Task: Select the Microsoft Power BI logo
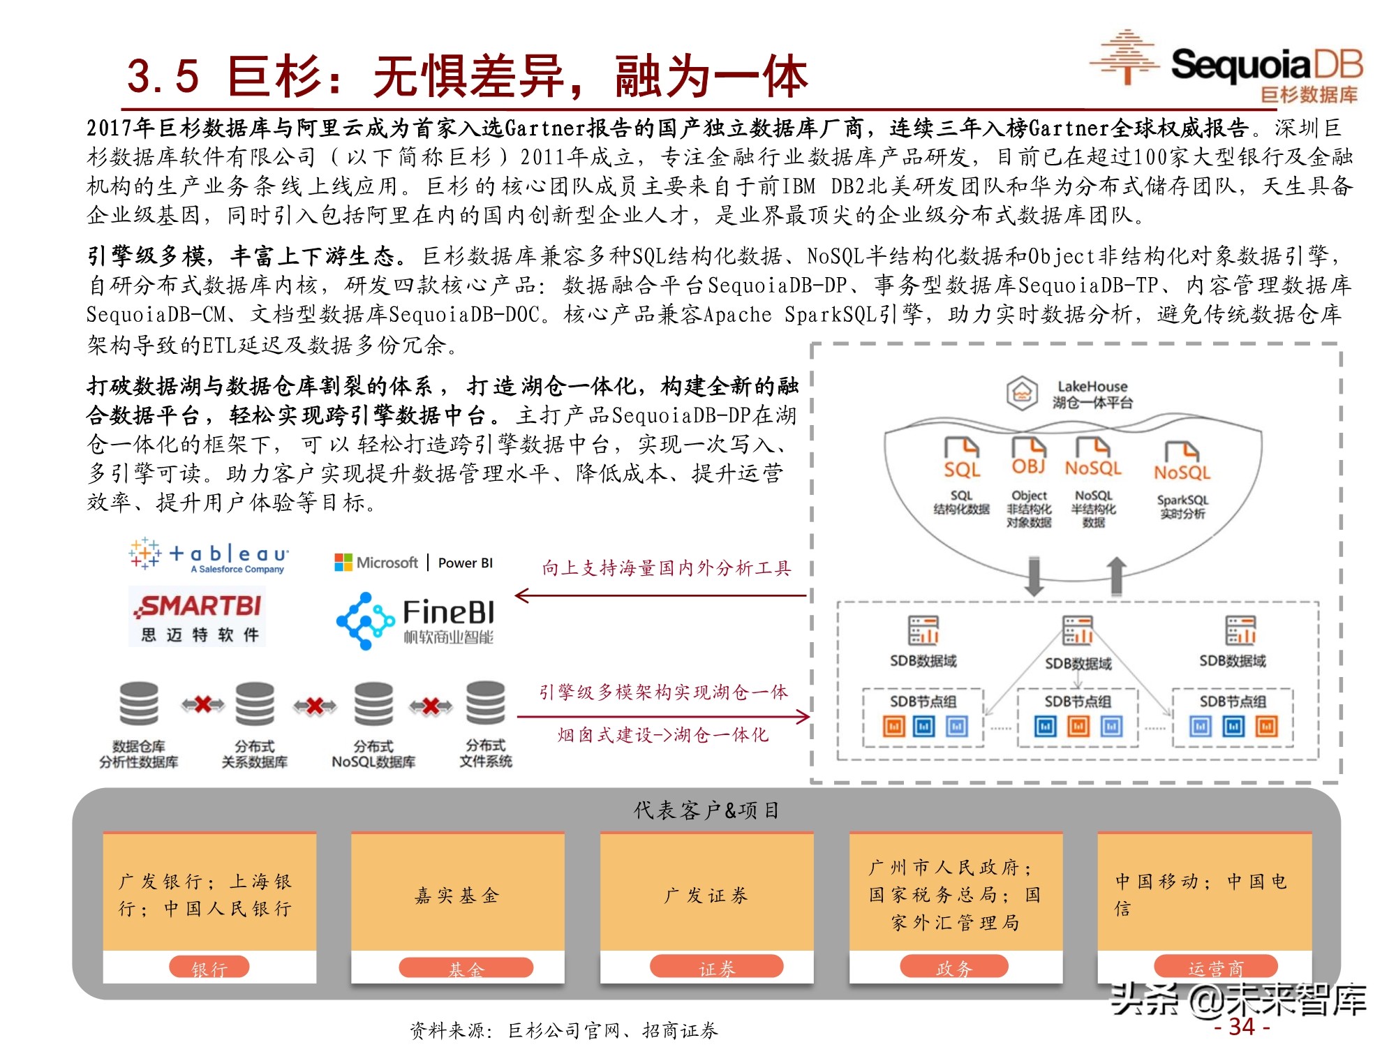pyautogui.click(x=414, y=563)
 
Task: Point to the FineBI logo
pyautogui.click(x=416, y=621)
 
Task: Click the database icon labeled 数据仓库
pyautogui.click(x=139, y=704)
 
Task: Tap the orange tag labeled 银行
pyautogui.click(x=209, y=968)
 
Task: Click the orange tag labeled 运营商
pyautogui.click(x=1216, y=967)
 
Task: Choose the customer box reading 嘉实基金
pyautogui.click(x=457, y=895)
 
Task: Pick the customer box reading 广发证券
pyautogui.click(x=706, y=895)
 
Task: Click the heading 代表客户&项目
pyautogui.click(x=706, y=810)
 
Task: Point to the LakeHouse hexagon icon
pyautogui.click(x=1022, y=393)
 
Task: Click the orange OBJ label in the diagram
pyautogui.click(x=1029, y=466)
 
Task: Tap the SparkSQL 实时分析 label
pyautogui.click(x=1182, y=507)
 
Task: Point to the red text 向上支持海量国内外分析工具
pyautogui.click(x=667, y=568)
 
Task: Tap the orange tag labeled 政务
pyautogui.click(x=953, y=967)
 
